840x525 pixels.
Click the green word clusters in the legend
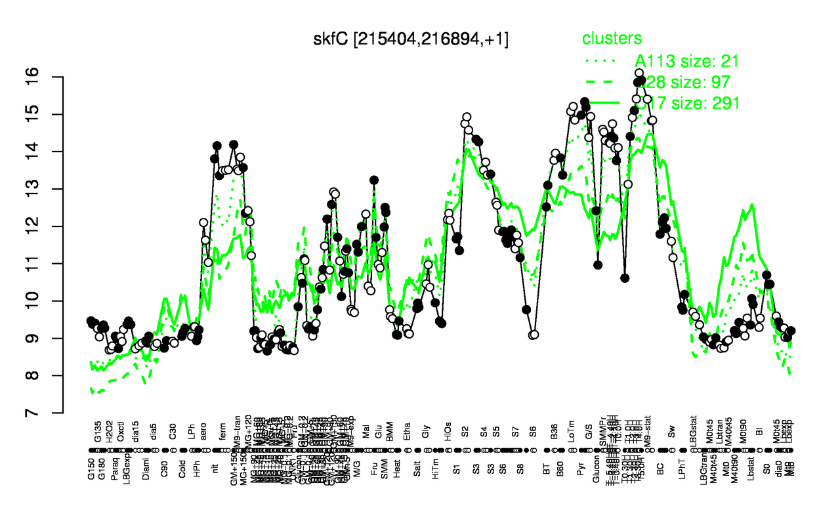(x=612, y=39)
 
